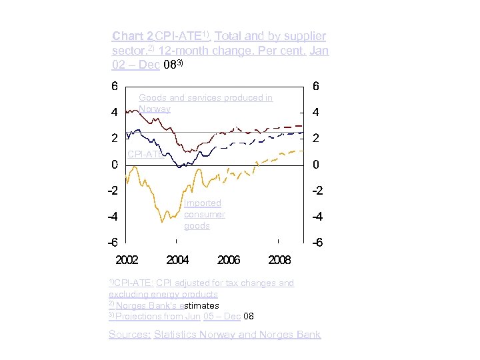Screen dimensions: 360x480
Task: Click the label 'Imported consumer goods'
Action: click(204, 214)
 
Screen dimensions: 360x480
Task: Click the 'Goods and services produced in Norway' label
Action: click(205, 103)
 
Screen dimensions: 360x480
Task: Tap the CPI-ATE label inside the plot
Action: click(144, 154)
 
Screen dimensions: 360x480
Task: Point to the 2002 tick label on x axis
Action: click(127, 259)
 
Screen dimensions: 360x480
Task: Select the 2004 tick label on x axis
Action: click(177, 259)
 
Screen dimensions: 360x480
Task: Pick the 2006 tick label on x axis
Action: click(229, 259)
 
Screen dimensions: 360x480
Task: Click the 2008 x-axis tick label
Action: click(279, 259)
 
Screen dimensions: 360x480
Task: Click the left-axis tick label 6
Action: click(114, 86)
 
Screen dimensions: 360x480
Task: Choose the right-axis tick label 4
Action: click(315, 112)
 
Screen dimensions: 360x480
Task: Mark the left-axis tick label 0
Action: click(114, 164)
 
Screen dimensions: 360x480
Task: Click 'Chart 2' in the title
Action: click(133, 35)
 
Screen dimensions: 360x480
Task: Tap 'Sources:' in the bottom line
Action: click(130, 335)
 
